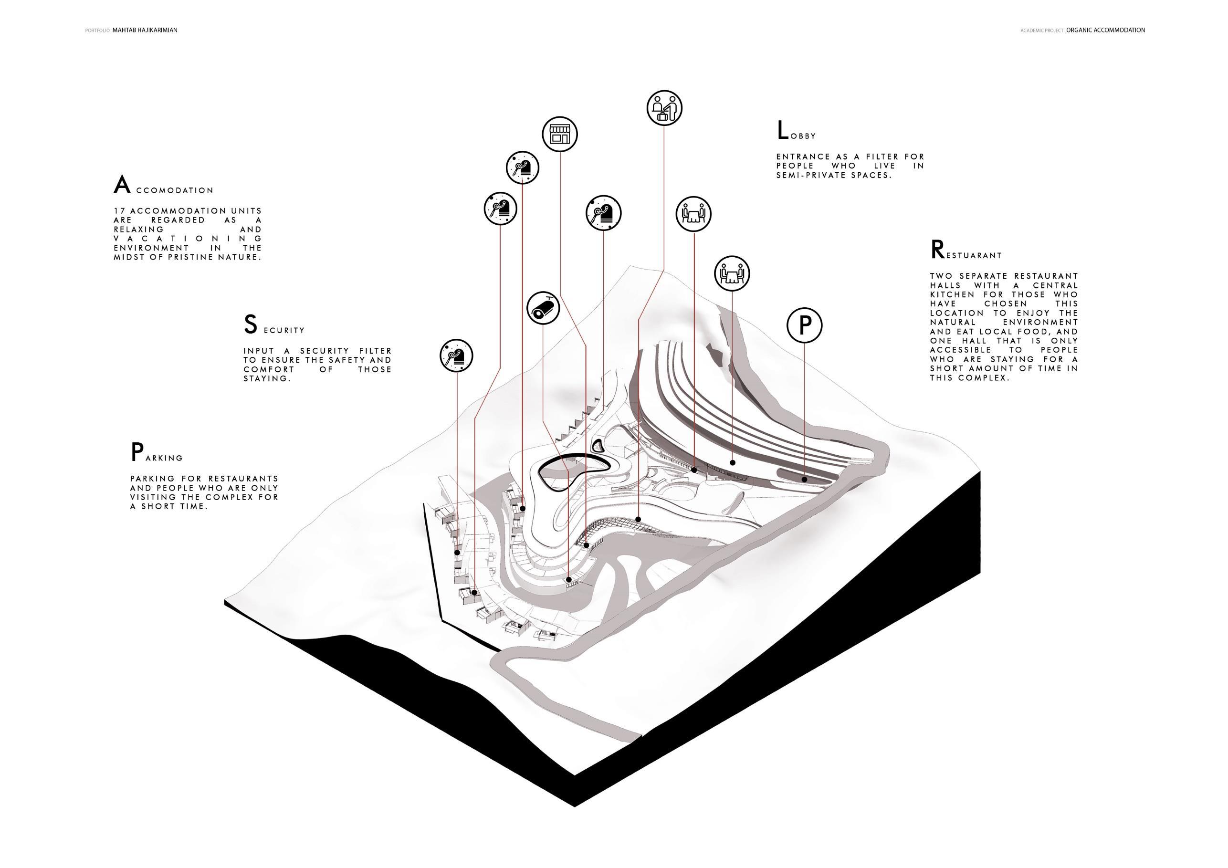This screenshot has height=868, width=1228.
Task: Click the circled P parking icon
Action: click(x=804, y=324)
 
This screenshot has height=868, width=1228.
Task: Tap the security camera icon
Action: click(x=543, y=308)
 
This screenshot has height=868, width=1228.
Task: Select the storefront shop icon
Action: click(x=560, y=134)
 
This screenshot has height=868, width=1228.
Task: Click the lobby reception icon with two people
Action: click(x=664, y=108)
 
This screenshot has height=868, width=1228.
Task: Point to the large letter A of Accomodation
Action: click(x=122, y=185)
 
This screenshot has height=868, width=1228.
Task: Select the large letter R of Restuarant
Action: click(x=936, y=250)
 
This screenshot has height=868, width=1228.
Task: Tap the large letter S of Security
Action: click(x=250, y=324)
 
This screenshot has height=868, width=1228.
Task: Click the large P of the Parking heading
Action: click(x=137, y=452)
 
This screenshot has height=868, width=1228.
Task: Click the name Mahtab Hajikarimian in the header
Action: click(x=145, y=31)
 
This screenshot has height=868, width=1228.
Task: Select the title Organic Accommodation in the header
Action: click(x=1105, y=31)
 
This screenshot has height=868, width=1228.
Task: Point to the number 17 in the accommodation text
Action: click(x=119, y=211)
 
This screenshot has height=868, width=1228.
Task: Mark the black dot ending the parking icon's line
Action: click(x=804, y=479)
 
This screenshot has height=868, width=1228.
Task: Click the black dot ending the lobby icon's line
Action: click(x=639, y=519)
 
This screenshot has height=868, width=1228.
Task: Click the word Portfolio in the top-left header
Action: click(x=97, y=31)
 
